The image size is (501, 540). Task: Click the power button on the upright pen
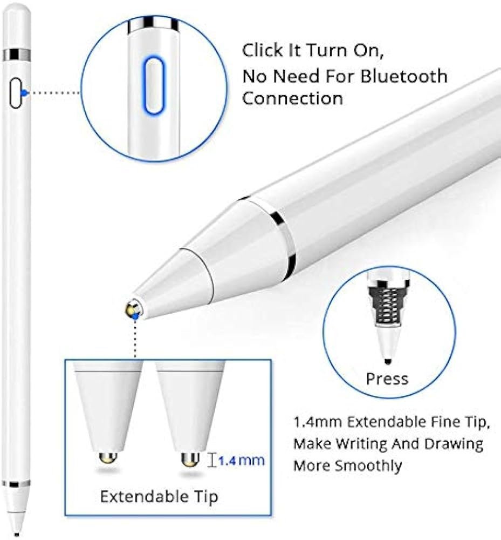point(15,93)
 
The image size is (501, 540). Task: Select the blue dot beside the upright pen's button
point(23,92)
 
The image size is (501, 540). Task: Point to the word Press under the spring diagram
point(387,379)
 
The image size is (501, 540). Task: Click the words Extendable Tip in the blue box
point(159,496)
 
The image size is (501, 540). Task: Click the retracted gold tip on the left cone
point(108,457)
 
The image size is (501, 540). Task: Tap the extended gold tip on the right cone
point(190,460)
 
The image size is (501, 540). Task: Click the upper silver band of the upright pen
point(17,55)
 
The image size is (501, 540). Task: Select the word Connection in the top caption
point(293,98)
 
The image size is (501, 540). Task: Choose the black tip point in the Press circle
point(388,361)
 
